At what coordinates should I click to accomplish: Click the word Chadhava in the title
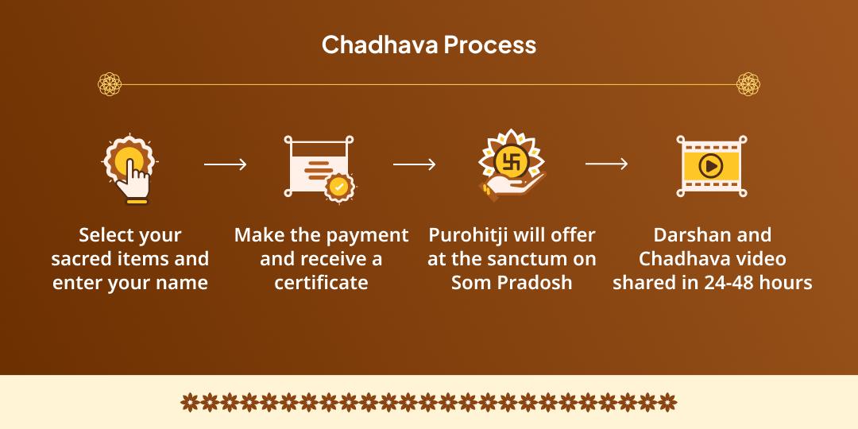[379, 44]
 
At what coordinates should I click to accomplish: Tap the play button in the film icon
[711, 166]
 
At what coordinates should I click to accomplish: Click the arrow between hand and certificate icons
[225, 165]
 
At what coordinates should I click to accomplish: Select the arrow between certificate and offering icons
[414, 164]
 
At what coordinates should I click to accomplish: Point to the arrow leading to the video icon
[606, 164]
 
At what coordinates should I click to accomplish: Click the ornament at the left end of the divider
[109, 83]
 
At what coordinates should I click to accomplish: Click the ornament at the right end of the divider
[748, 83]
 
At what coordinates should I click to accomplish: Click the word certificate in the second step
[321, 283]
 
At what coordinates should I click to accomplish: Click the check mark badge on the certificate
[339, 187]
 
